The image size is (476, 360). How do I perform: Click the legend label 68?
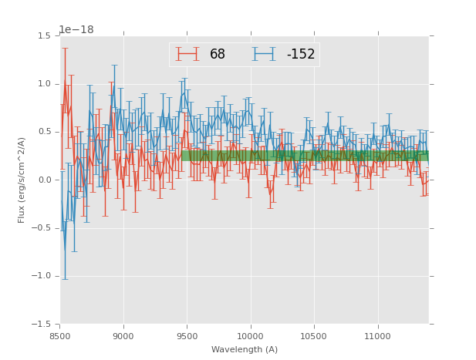(218, 54)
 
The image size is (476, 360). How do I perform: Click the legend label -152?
(300, 54)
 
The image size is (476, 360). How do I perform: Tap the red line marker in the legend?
(187, 54)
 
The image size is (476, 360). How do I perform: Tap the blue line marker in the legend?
(265, 54)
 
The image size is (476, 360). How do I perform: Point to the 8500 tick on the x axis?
(60, 336)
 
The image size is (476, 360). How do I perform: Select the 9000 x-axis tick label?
(123, 336)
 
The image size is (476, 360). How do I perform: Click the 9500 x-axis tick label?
(187, 336)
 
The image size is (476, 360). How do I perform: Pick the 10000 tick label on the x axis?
(250, 336)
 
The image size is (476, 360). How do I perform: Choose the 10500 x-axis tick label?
(313, 336)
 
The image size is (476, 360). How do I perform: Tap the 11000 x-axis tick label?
(376, 336)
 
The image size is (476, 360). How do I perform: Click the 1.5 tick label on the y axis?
(44, 36)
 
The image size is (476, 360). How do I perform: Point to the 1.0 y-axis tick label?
(44, 84)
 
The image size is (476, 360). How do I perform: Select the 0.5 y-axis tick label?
(44, 132)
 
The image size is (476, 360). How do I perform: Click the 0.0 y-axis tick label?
(44, 180)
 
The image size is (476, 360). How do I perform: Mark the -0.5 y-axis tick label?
(42, 228)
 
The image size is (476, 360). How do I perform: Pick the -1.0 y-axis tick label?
(42, 276)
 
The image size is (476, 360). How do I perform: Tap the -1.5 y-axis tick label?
(42, 325)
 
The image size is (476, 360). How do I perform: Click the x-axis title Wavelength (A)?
(245, 350)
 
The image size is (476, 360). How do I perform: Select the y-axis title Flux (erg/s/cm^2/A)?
(22, 180)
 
